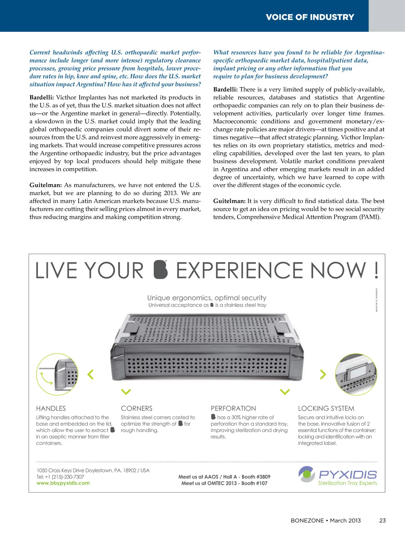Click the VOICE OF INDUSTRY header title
click(310, 17)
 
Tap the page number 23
click(382, 520)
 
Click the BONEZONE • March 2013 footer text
click(326, 520)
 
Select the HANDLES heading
click(51, 408)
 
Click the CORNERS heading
click(137, 408)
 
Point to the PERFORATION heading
click(233, 408)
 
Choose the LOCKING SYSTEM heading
click(326, 408)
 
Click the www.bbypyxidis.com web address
click(63, 483)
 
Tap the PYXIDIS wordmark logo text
click(348, 475)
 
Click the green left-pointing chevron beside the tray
click(90, 374)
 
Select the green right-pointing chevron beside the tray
click(323, 374)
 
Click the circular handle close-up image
click(57, 374)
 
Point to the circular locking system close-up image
click(356, 374)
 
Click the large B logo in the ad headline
click(160, 270)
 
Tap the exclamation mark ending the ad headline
click(376, 270)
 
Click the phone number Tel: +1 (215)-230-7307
click(60, 477)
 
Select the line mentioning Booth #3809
click(224, 477)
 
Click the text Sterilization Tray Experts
click(348, 483)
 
